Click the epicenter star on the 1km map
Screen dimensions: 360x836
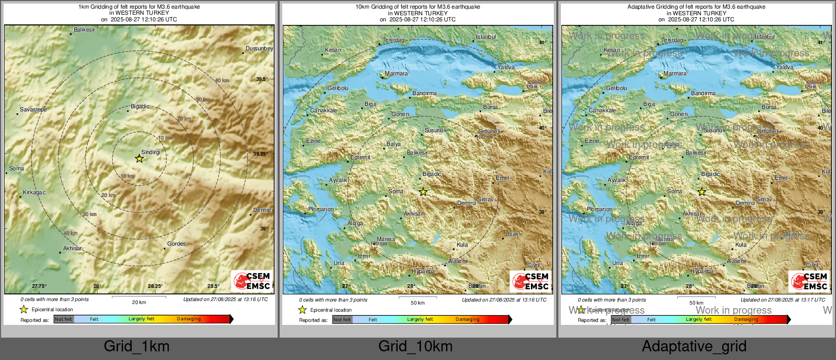coord(139,159)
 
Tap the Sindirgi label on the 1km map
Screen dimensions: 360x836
coord(151,152)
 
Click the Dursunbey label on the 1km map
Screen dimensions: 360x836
coord(259,49)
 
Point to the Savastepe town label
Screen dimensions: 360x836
coord(33,109)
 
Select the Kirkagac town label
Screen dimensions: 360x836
coord(34,193)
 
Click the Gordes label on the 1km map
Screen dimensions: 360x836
coord(176,244)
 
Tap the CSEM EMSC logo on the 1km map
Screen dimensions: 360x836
coord(252,281)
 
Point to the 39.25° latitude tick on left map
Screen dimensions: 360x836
coord(260,154)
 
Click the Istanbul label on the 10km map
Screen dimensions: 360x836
coord(486,37)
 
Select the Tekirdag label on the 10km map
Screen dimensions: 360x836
coord(393,40)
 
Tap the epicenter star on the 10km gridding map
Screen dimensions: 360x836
coord(423,192)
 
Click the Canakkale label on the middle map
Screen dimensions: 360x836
coord(323,110)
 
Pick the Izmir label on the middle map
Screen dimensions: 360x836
coord(364,256)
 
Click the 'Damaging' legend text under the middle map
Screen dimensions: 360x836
coord(467,319)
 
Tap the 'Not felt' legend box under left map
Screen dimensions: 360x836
coord(64,319)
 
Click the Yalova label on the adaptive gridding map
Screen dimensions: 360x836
coord(784,67)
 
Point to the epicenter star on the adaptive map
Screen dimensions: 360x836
coord(702,192)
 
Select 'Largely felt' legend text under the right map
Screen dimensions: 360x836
coord(699,319)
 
